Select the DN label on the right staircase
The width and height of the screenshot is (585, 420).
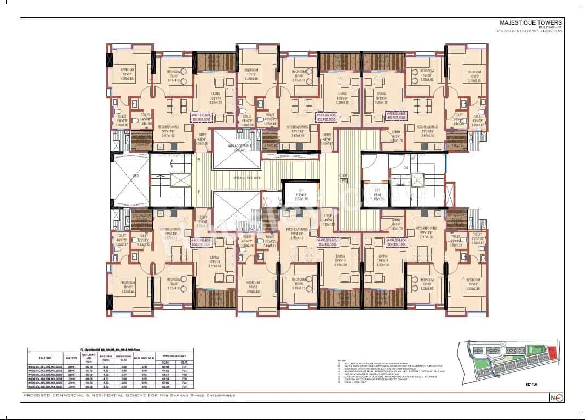pos(406,167)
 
